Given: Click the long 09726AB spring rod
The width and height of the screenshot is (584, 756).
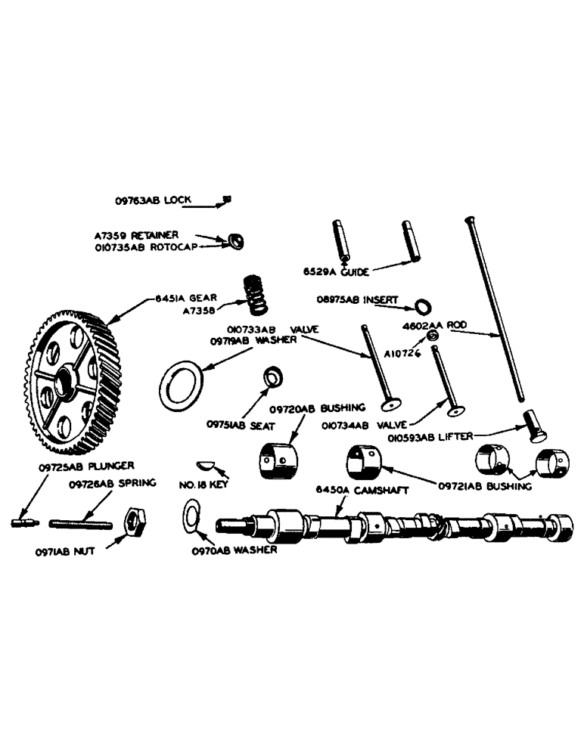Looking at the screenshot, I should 81,522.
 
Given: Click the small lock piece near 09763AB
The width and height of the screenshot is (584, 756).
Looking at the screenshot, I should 225,200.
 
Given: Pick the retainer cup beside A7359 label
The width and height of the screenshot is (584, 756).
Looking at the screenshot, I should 235,240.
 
